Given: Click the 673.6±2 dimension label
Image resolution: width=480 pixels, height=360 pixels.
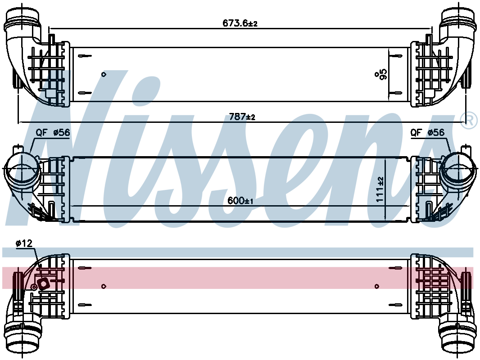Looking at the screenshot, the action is [240, 23].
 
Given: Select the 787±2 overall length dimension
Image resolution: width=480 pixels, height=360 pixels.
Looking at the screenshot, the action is [242, 117].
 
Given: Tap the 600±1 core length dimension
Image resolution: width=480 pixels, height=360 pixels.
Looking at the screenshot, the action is [240, 201].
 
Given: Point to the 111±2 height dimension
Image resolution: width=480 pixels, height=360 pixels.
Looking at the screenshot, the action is [380, 189].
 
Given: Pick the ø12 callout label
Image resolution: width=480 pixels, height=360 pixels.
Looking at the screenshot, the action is [24, 243].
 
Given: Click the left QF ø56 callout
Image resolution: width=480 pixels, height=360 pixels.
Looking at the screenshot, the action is [53, 132].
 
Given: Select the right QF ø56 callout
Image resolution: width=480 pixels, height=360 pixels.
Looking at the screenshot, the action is [427, 132].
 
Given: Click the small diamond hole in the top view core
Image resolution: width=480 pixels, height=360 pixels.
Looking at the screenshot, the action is [104, 74].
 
